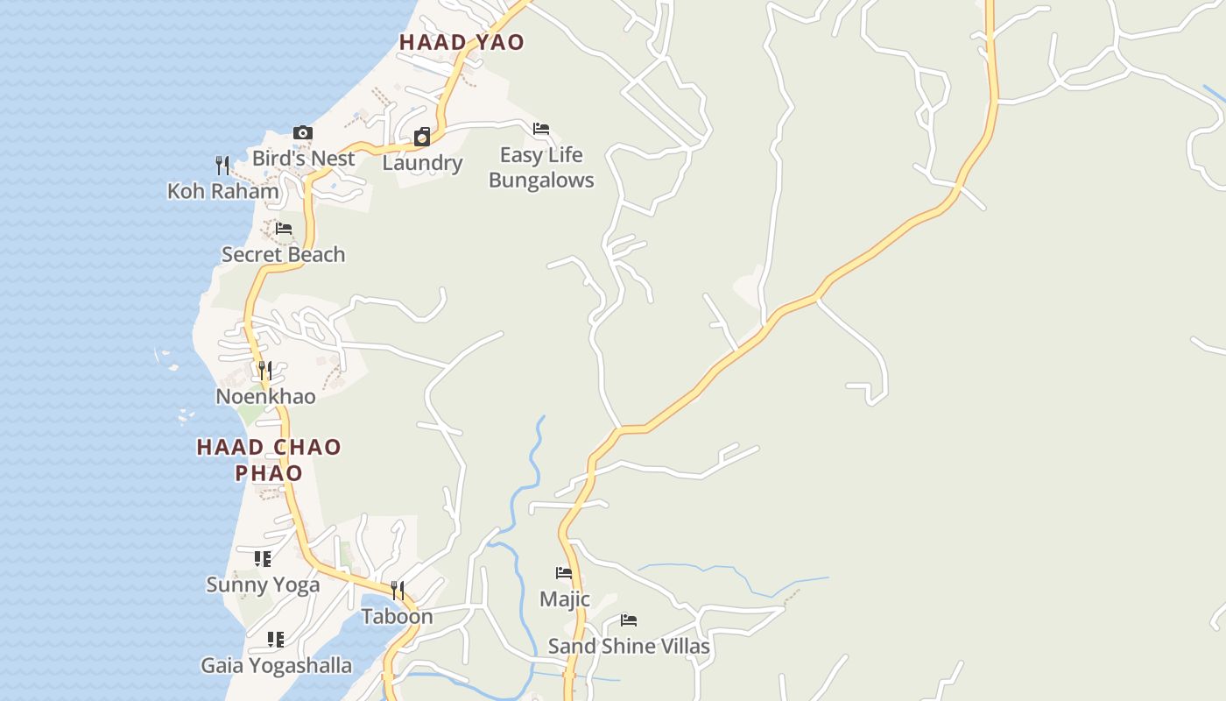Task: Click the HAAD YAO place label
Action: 462,42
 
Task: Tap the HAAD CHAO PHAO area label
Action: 269,460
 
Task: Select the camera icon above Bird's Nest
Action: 303,133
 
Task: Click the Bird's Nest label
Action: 303,159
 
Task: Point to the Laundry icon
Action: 422,137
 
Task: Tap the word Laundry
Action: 422,163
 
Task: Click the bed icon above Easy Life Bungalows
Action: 541,129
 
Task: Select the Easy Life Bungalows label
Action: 541,167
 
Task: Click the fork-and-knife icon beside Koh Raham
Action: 222,165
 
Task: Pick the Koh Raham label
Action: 223,191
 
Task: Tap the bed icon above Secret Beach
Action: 284,229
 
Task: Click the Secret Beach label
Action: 283,255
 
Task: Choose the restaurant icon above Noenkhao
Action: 265,371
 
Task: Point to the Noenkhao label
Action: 265,397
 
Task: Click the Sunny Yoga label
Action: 263,584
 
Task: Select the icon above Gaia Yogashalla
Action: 276,640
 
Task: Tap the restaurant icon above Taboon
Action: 398,590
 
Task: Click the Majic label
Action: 565,599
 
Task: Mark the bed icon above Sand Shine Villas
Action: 629,620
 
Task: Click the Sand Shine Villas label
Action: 629,647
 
